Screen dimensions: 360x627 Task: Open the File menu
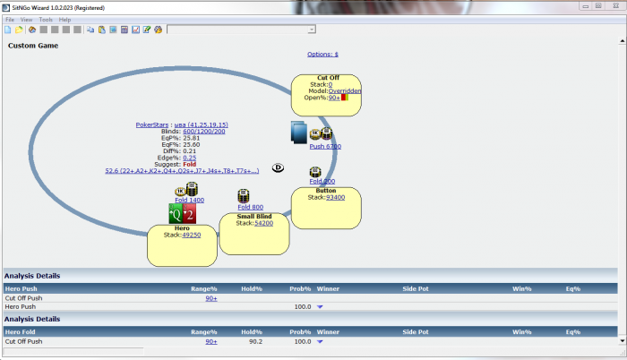pos(10,19)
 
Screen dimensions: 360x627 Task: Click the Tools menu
pos(46,19)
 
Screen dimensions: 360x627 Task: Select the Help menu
pos(64,19)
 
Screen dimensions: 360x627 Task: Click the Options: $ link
pos(322,54)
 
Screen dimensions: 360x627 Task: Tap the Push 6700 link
pos(325,146)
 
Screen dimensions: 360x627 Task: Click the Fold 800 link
pos(250,207)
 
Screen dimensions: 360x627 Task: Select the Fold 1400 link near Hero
pos(190,200)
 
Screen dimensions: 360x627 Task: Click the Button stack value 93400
pos(336,197)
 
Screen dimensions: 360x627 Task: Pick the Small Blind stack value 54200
pos(263,223)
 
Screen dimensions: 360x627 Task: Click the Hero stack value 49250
pos(191,235)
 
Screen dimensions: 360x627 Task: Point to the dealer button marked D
pos(278,167)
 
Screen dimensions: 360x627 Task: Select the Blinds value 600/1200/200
pos(203,131)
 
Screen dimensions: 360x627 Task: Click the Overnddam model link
pos(343,90)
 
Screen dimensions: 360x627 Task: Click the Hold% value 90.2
pos(255,341)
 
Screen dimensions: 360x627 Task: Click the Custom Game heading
pos(33,45)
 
